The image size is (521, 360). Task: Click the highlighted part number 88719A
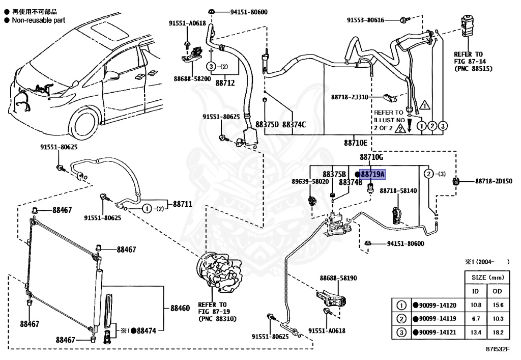point(373,174)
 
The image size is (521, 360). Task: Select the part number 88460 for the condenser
point(180,308)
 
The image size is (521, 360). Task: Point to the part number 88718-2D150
point(494,181)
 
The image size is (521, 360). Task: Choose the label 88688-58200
point(192,79)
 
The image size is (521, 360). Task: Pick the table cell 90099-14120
point(438,306)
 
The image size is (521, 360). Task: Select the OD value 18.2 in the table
point(499,334)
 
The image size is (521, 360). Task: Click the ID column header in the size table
point(476,291)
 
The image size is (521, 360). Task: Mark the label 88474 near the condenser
point(147,330)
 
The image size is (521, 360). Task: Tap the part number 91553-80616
point(365,20)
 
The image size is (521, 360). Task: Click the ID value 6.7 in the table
point(476,319)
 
